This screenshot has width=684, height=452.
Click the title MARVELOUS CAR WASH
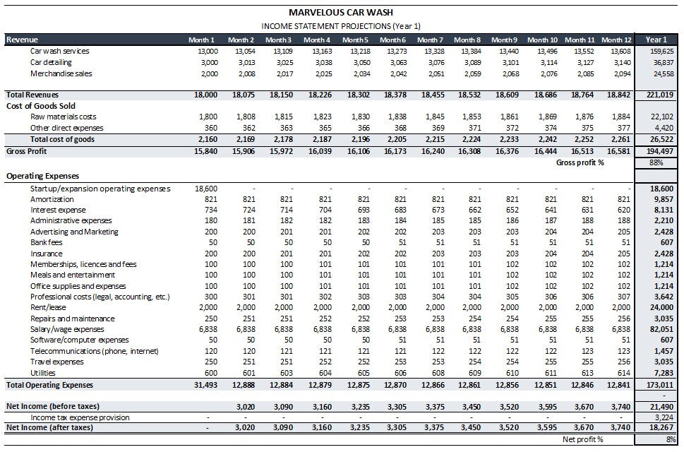[x=341, y=12]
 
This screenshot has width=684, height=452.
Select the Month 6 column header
[x=393, y=40]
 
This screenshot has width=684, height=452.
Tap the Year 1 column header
[x=656, y=40]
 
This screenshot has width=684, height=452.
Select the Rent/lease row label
[x=47, y=308]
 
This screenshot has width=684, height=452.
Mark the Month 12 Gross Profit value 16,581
[x=618, y=151]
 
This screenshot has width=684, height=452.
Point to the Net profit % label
[x=582, y=439]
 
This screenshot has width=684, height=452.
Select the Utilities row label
[x=42, y=373]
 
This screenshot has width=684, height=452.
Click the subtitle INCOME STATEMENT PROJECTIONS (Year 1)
[x=341, y=26]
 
